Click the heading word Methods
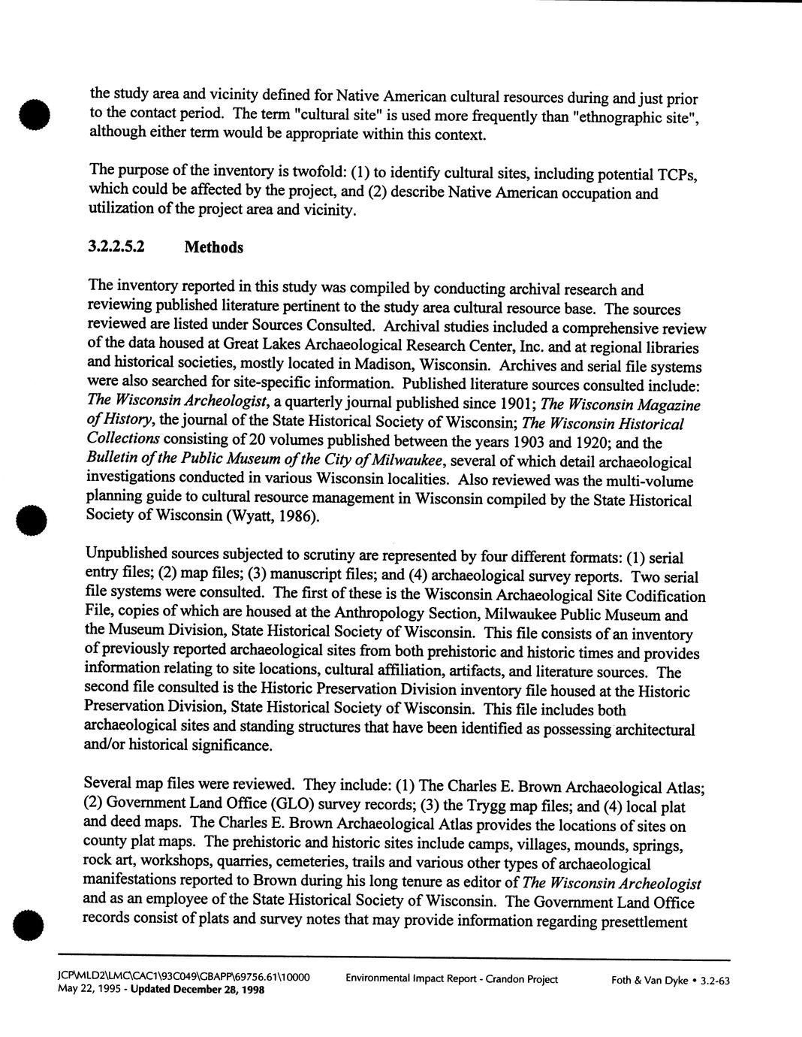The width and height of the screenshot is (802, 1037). [213, 247]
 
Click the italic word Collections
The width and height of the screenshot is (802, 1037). [123, 440]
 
